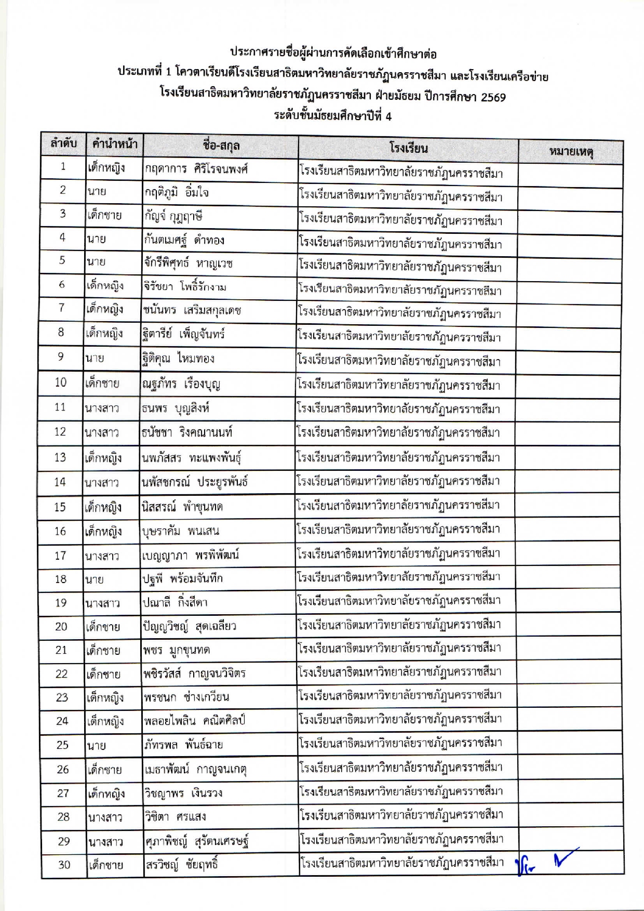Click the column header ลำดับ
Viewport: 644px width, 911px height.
[x=64, y=143]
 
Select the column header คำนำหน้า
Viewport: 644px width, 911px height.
[x=114, y=144]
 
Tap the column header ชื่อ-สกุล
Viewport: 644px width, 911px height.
[x=221, y=146]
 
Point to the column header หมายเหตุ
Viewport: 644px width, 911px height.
[x=571, y=152]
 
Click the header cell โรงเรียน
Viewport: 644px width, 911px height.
[x=408, y=148]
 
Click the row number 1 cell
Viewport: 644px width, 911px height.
[x=63, y=167]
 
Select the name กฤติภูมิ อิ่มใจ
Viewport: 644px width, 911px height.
[x=177, y=193]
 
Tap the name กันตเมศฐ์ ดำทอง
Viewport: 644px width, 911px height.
[x=184, y=240]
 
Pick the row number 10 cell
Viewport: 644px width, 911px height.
[x=61, y=382]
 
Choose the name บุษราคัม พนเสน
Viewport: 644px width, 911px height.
[x=181, y=531]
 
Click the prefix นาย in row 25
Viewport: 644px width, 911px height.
[x=97, y=745]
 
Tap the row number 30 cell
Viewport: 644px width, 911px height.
[x=64, y=865]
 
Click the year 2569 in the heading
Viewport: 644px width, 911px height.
[x=493, y=97]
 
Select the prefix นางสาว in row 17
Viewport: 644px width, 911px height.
[x=102, y=556]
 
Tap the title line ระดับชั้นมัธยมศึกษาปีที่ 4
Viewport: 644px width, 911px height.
[x=333, y=116]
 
